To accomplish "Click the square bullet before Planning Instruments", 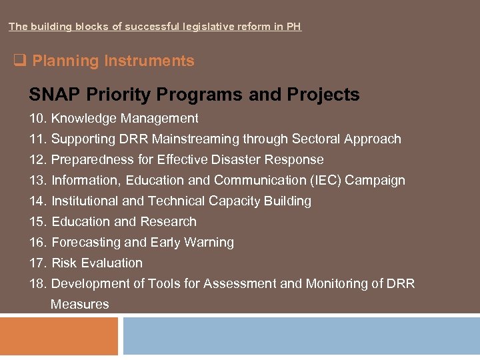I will pyautogui.click(x=19, y=61).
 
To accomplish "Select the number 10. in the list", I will pyautogui.click(x=38, y=119).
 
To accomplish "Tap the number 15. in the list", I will pyautogui.click(x=38, y=222).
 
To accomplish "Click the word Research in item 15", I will pyautogui.click(x=169, y=222).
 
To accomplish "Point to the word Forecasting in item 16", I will pyautogui.click(x=85, y=243).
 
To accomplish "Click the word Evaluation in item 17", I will pyautogui.click(x=112, y=263).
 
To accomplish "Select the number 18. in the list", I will pyautogui.click(x=38, y=284).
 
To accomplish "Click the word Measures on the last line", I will pyautogui.click(x=79, y=305).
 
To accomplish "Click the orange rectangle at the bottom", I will pyautogui.click(x=59, y=336).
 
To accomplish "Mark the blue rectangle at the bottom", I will pyautogui.click(x=301, y=336).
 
